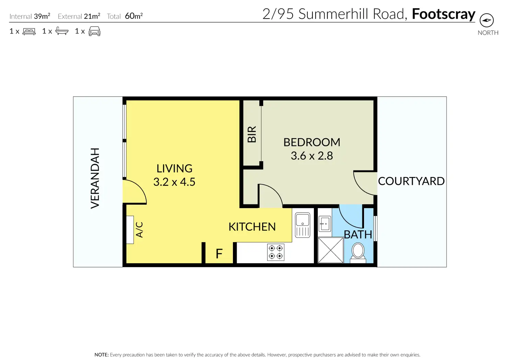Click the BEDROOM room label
[312, 142]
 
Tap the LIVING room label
[175, 168]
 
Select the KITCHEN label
[252, 227]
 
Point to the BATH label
[358, 235]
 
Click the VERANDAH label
[95, 178]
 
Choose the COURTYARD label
[411, 181]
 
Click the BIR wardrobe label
[252, 134]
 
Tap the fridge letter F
[219, 254]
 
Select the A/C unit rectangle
[130, 230]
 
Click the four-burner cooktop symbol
[276, 252]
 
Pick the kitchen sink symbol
[303, 225]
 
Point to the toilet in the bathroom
[358, 253]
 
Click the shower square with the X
[330, 250]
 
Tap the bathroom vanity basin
[325, 223]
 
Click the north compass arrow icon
[486, 20]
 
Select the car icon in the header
[94, 31]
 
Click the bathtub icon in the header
[62, 31]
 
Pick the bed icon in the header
[29, 32]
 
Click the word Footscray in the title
[444, 14]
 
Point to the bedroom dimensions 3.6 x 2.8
[312, 156]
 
